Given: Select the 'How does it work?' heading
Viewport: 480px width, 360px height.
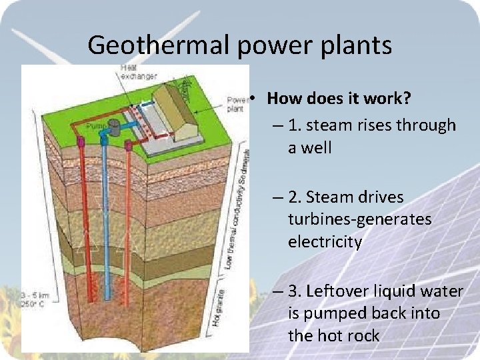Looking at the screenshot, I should pyautogui.click(x=338, y=99).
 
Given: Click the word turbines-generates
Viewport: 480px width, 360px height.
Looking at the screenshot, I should pyautogui.click(x=359, y=219).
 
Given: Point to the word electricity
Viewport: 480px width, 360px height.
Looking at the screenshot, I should pyautogui.click(x=325, y=241).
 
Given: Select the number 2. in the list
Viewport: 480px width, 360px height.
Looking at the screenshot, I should pyautogui.click(x=296, y=197).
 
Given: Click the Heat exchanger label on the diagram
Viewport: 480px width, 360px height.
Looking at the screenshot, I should pyautogui.click(x=138, y=71).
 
